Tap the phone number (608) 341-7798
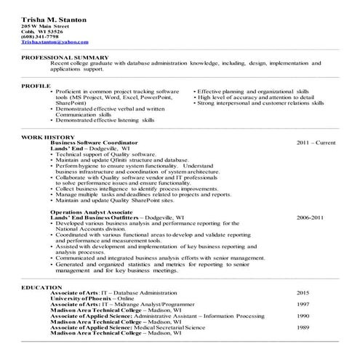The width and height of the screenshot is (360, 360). (x=41, y=38)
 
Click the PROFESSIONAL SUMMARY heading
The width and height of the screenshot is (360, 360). (x=65, y=57)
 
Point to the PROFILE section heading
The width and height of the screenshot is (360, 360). (x=35, y=86)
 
